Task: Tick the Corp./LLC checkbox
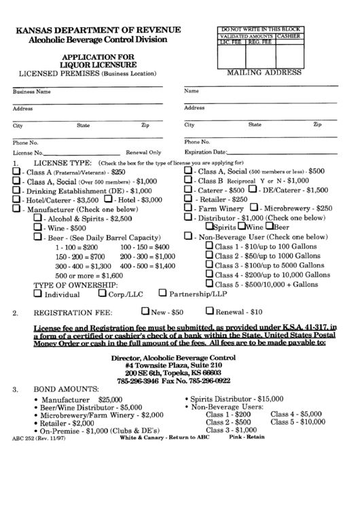pyautogui.click(x=103, y=294)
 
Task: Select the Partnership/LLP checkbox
pyautogui.click(x=162, y=294)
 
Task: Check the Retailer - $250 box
pyautogui.click(x=189, y=200)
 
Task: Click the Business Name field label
pyautogui.click(x=32, y=91)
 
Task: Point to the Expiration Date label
pyautogui.click(x=204, y=152)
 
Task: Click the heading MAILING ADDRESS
pyautogui.click(x=264, y=71)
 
